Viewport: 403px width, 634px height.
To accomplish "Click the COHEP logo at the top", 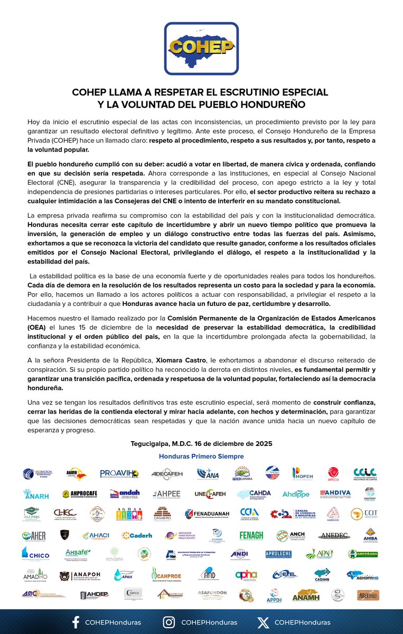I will [201, 48].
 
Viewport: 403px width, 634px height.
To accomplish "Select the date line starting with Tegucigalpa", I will [201, 443].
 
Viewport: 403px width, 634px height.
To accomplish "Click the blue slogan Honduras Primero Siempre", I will [201, 456].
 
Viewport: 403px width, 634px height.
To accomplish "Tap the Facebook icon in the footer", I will [75, 622].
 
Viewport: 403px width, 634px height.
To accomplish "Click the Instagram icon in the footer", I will [169, 622].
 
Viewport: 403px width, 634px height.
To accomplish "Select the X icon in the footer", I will [263, 622].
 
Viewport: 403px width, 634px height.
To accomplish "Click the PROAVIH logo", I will [119, 473].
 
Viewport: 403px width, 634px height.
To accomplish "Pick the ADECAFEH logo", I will [167, 473].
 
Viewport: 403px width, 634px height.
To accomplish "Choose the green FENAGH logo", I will [251, 535].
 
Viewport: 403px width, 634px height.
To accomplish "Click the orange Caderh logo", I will [137, 535].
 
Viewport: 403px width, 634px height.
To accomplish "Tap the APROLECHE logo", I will [278, 554].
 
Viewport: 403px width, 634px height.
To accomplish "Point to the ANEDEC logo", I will [334, 535].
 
